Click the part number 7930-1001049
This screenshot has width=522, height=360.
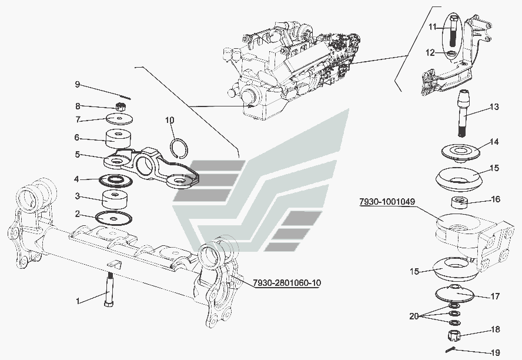click(387, 202)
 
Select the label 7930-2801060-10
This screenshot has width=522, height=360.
click(287, 284)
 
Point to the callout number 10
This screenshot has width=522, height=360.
click(169, 121)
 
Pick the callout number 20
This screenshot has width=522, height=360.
click(414, 316)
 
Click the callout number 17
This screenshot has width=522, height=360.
click(495, 296)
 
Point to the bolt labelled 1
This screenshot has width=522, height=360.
click(110, 287)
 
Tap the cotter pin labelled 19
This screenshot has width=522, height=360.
click(451, 349)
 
